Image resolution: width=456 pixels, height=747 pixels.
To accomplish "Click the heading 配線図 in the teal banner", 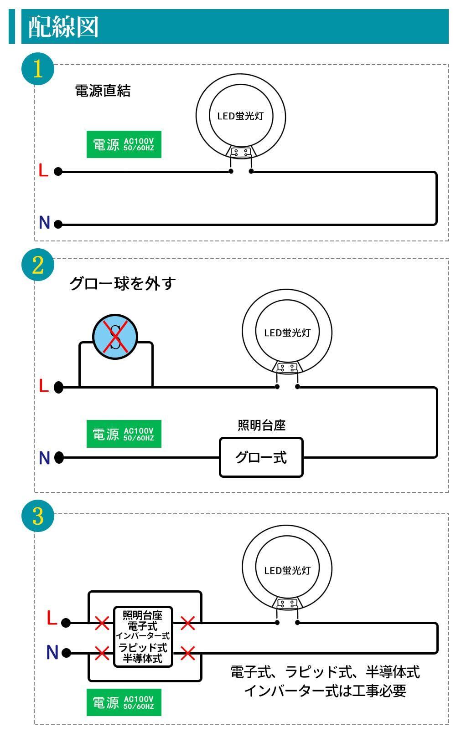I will click(x=63, y=27).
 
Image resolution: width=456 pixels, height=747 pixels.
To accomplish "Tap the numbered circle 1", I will click(x=37, y=69).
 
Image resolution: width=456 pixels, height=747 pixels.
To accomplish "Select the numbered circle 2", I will click(x=37, y=265).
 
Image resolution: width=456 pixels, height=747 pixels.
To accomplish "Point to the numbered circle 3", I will click(x=37, y=516).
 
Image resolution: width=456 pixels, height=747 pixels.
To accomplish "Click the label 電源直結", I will click(x=103, y=91).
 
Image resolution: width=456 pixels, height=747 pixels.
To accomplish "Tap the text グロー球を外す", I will click(x=122, y=283).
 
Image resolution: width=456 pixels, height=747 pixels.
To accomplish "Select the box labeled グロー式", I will click(x=261, y=457).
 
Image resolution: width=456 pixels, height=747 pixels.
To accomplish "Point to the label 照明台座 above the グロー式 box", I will click(x=261, y=425).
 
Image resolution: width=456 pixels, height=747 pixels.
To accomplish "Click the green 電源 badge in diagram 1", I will click(x=124, y=145).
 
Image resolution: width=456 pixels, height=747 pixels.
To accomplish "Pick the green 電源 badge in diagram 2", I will click(x=124, y=434).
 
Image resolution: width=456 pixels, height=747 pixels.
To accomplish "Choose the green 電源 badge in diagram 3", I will click(x=124, y=702).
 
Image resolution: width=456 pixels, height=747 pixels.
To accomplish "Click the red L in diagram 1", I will click(x=43, y=171).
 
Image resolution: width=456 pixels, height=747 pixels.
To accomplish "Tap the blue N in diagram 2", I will click(x=44, y=457).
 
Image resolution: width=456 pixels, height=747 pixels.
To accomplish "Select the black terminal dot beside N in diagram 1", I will click(x=58, y=224).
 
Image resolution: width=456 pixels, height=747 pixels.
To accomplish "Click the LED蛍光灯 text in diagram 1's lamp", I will click(x=240, y=116).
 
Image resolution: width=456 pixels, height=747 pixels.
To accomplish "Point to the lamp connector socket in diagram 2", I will click(x=287, y=367).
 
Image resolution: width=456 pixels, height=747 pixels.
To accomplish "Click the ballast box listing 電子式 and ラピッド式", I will click(x=143, y=637).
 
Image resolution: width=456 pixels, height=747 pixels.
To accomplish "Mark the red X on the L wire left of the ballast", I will click(x=101, y=623).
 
